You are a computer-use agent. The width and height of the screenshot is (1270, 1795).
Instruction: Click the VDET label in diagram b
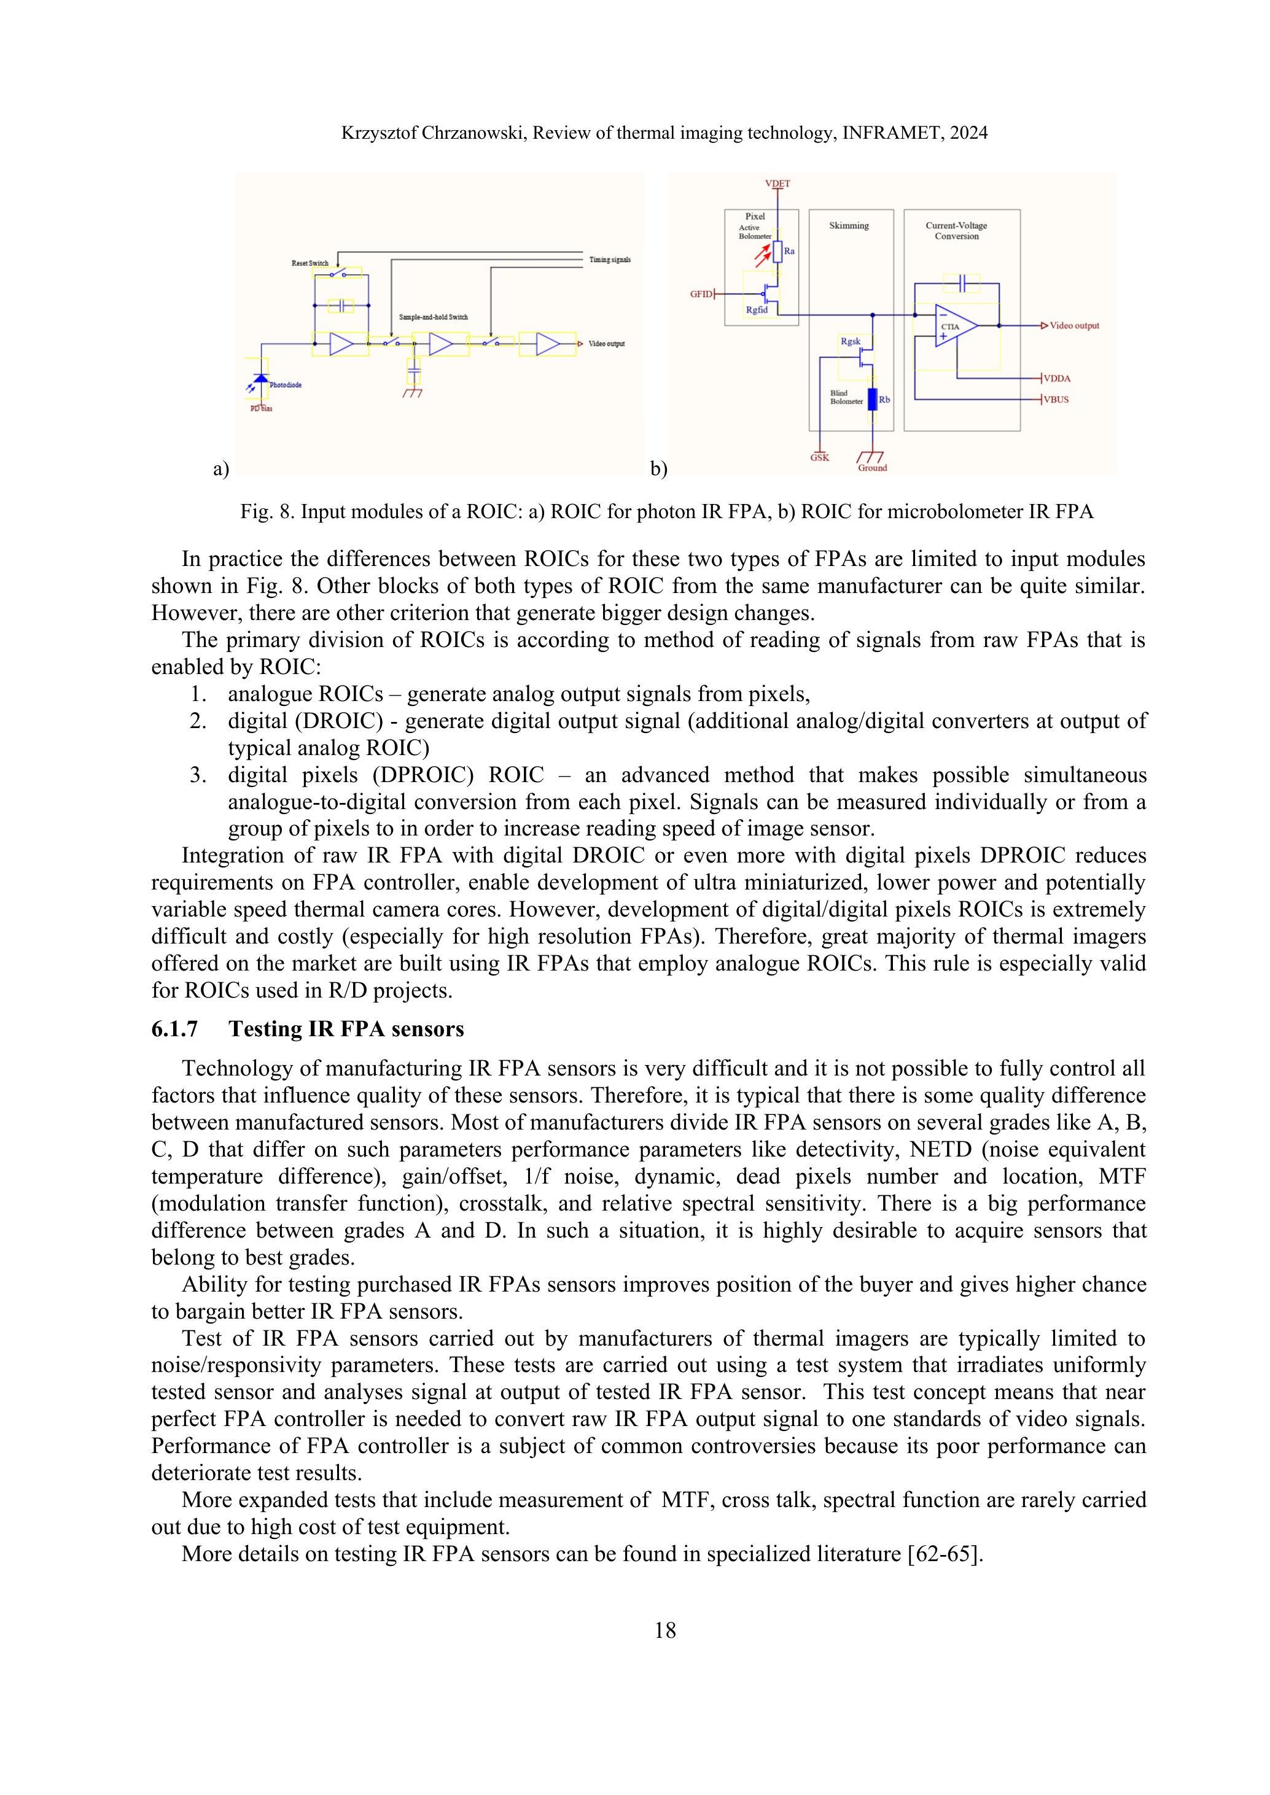coord(777,184)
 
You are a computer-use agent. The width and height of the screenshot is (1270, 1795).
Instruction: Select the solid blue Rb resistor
coord(872,400)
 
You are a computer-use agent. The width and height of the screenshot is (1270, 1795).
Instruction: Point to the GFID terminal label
coord(701,294)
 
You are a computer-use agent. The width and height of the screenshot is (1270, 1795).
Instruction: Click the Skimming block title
coord(849,226)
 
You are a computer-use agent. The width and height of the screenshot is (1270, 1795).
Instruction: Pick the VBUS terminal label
coord(1056,400)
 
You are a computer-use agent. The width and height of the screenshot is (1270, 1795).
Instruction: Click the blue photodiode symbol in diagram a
coord(261,380)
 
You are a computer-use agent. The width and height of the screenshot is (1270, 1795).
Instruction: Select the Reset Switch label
coord(310,263)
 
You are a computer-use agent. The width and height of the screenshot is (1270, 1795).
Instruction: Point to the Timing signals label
coord(609,260)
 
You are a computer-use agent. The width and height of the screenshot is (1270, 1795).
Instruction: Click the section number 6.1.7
coord(174,1029)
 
